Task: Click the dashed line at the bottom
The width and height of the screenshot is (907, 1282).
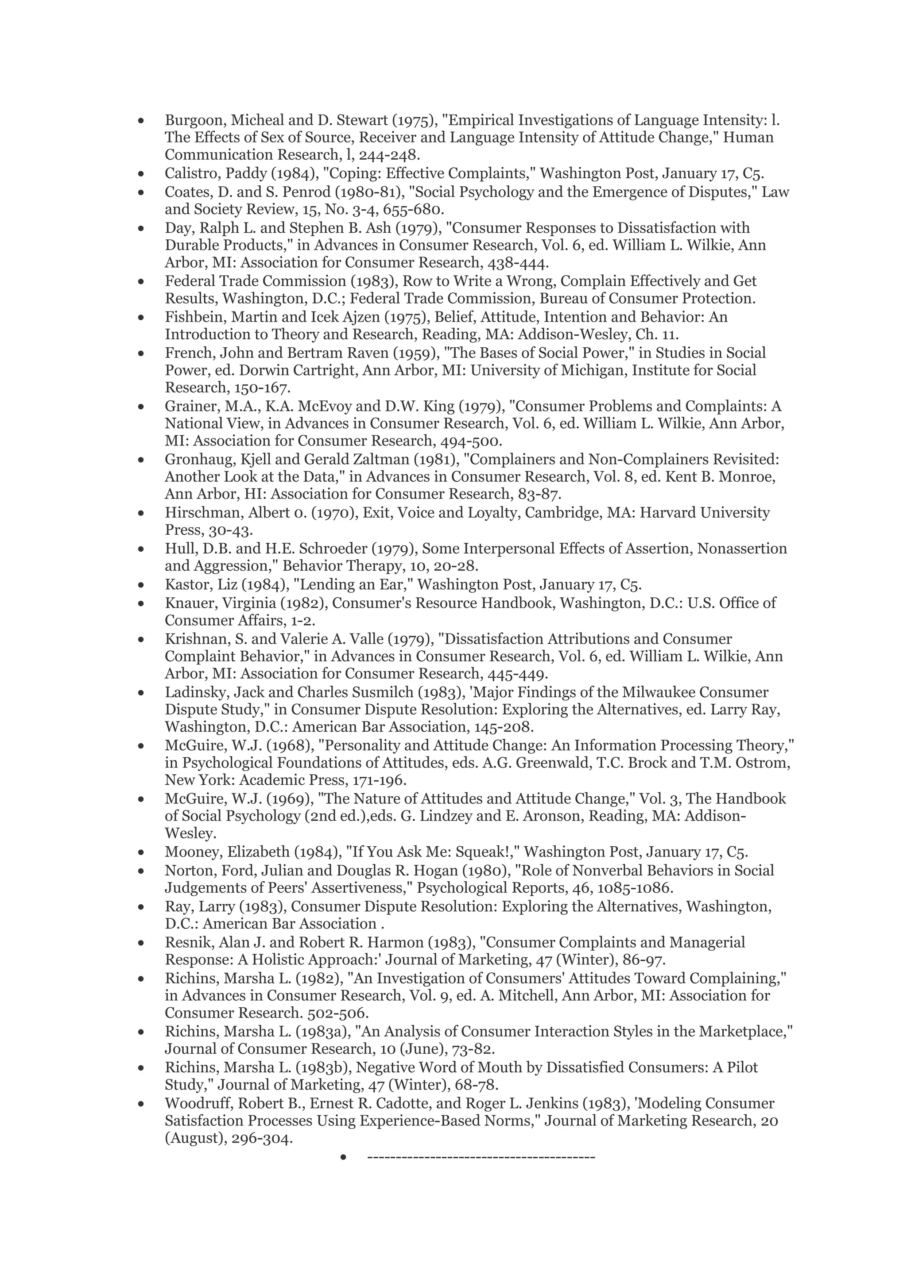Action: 481,1156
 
